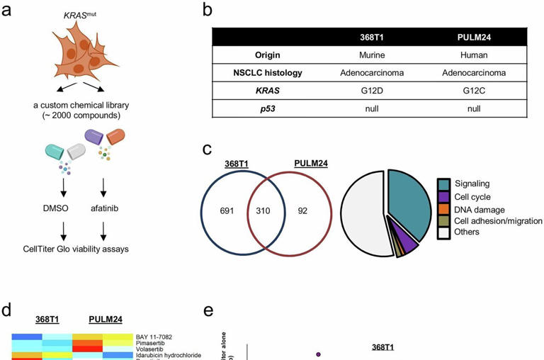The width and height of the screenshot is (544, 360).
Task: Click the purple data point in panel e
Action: [318, 354]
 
